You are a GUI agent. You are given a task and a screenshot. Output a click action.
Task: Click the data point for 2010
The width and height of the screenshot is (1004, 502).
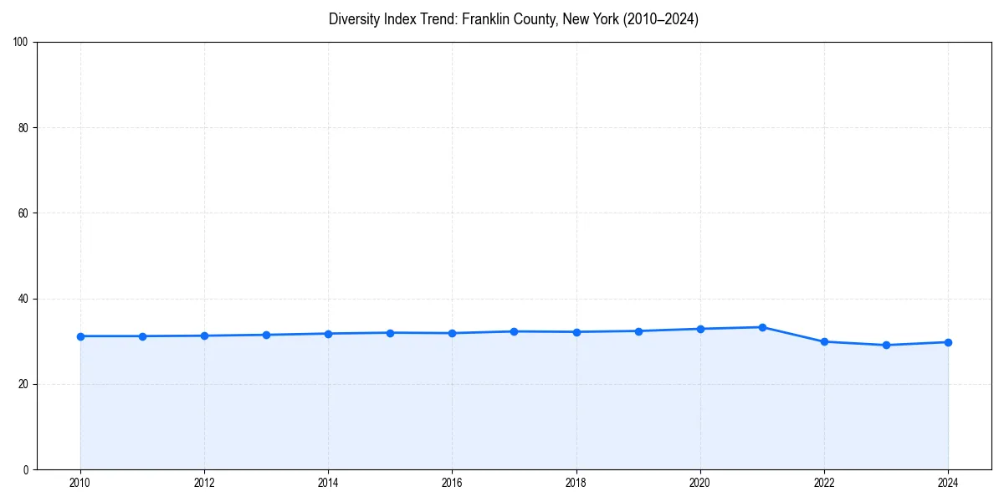80,336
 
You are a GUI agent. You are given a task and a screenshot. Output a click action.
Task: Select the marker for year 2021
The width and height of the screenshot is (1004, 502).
762,327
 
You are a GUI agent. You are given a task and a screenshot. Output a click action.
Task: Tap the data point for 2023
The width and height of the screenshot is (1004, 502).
886,345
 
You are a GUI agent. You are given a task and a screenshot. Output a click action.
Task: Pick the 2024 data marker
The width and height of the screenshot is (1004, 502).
948,342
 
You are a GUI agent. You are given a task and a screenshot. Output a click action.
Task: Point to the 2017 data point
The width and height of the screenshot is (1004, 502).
514,331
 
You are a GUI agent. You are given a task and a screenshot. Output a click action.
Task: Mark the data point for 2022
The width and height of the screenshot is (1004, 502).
824,341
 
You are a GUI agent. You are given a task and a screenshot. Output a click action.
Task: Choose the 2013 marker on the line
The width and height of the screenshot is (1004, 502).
266,335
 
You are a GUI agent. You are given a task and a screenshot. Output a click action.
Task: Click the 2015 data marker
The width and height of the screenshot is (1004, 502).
390,333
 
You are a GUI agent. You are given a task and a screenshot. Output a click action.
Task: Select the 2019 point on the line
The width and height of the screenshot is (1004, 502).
638,331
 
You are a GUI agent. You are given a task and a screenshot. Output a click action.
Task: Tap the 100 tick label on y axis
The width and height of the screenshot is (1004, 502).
21,42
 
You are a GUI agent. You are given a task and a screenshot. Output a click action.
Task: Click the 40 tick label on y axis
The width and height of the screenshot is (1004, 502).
23,299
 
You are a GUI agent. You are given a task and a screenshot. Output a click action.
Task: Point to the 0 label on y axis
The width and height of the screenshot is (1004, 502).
26,469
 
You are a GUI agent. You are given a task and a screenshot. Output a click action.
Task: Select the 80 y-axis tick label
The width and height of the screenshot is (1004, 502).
23,128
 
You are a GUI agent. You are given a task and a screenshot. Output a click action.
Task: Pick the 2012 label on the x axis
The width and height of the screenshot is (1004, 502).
204,483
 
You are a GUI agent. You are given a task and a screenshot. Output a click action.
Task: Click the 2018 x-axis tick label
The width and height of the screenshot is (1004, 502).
576,483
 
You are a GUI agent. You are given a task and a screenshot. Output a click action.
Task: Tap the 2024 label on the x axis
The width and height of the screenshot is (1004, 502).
948,483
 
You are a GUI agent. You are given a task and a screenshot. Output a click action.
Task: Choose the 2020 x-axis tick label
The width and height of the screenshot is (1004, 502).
700,483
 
